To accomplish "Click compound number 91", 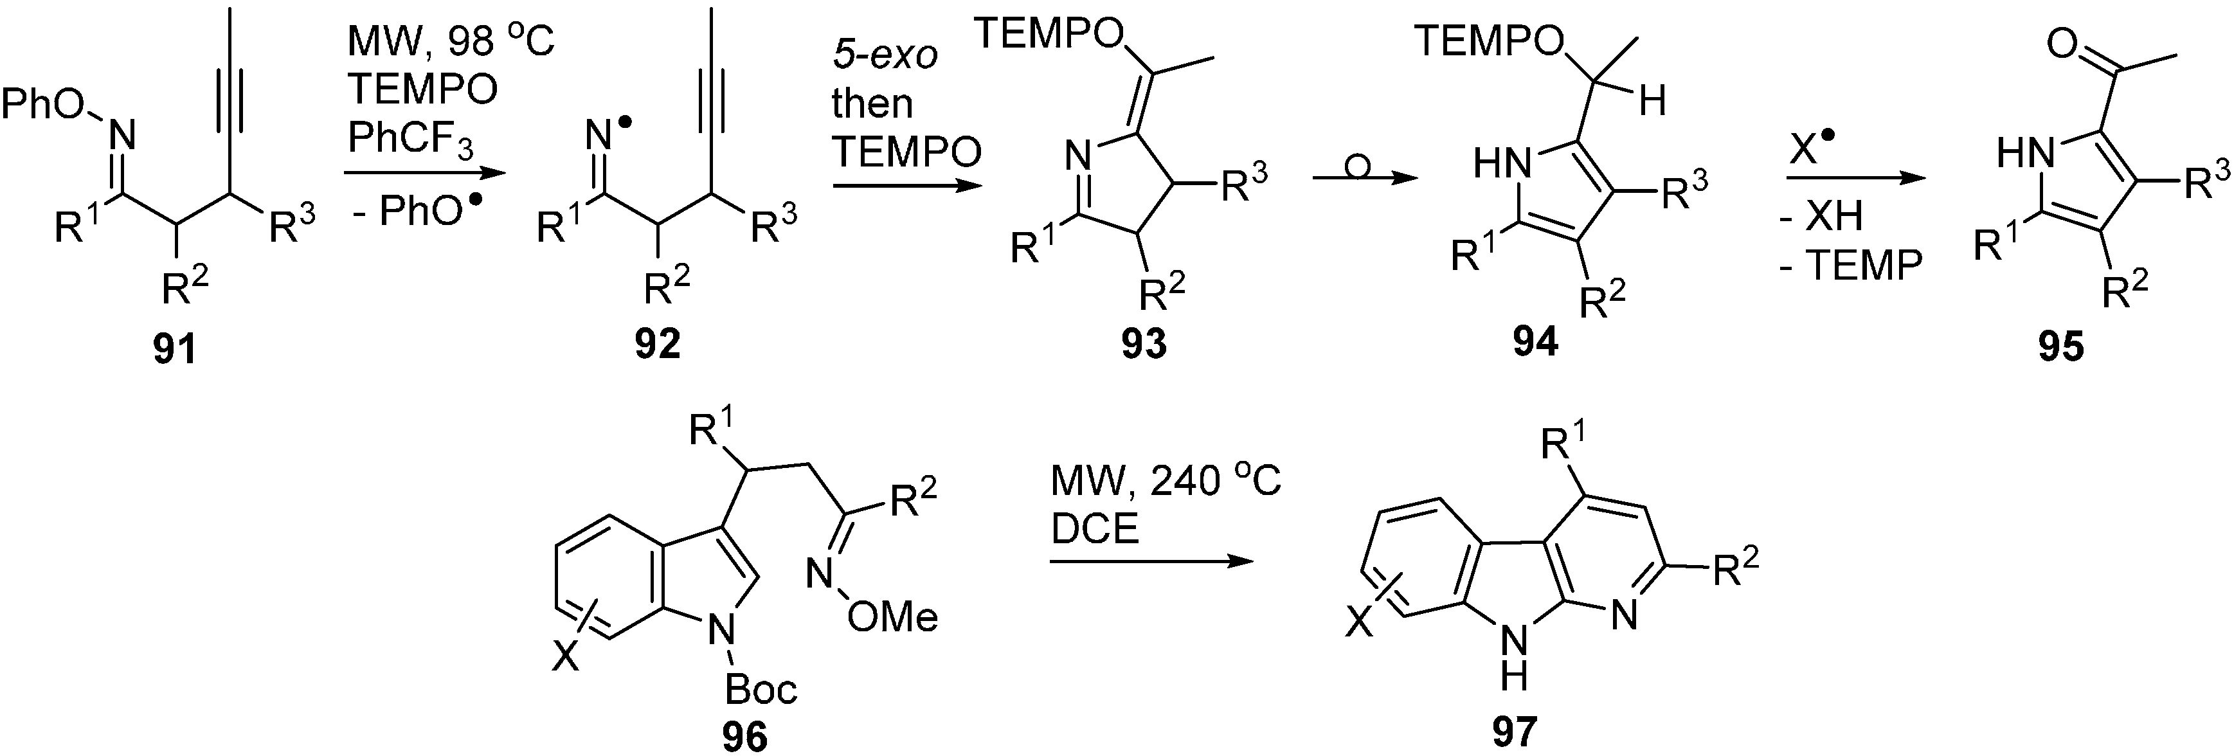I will (174, 349).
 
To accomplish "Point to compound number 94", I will (1535, 343).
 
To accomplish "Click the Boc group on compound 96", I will (760, 689).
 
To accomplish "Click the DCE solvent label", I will (1094, 529).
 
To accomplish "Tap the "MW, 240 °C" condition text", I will (1165, 483).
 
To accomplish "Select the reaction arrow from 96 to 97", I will (1151, 562).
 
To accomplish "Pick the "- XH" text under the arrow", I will (1821, 215).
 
